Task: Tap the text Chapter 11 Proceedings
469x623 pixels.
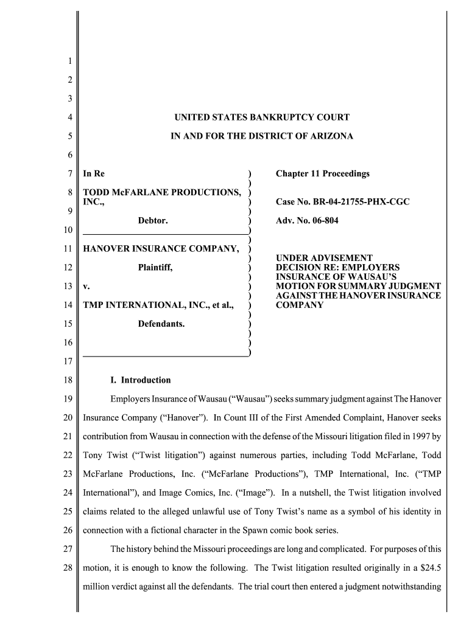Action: click(322, 174)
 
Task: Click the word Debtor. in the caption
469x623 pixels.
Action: click(153, 220)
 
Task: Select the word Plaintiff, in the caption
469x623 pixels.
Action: click(155, 267)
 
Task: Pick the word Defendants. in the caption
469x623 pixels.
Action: click(161, 324)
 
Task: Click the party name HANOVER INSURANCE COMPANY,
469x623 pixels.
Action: click(161, 248)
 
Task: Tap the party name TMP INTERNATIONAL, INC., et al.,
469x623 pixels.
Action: click(158, 305)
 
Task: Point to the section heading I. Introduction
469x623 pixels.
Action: click(140, 380)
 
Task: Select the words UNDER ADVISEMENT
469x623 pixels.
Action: click(324, 258)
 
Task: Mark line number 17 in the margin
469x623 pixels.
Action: click(69, 362)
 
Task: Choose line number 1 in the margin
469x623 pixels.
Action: click(69, 61)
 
